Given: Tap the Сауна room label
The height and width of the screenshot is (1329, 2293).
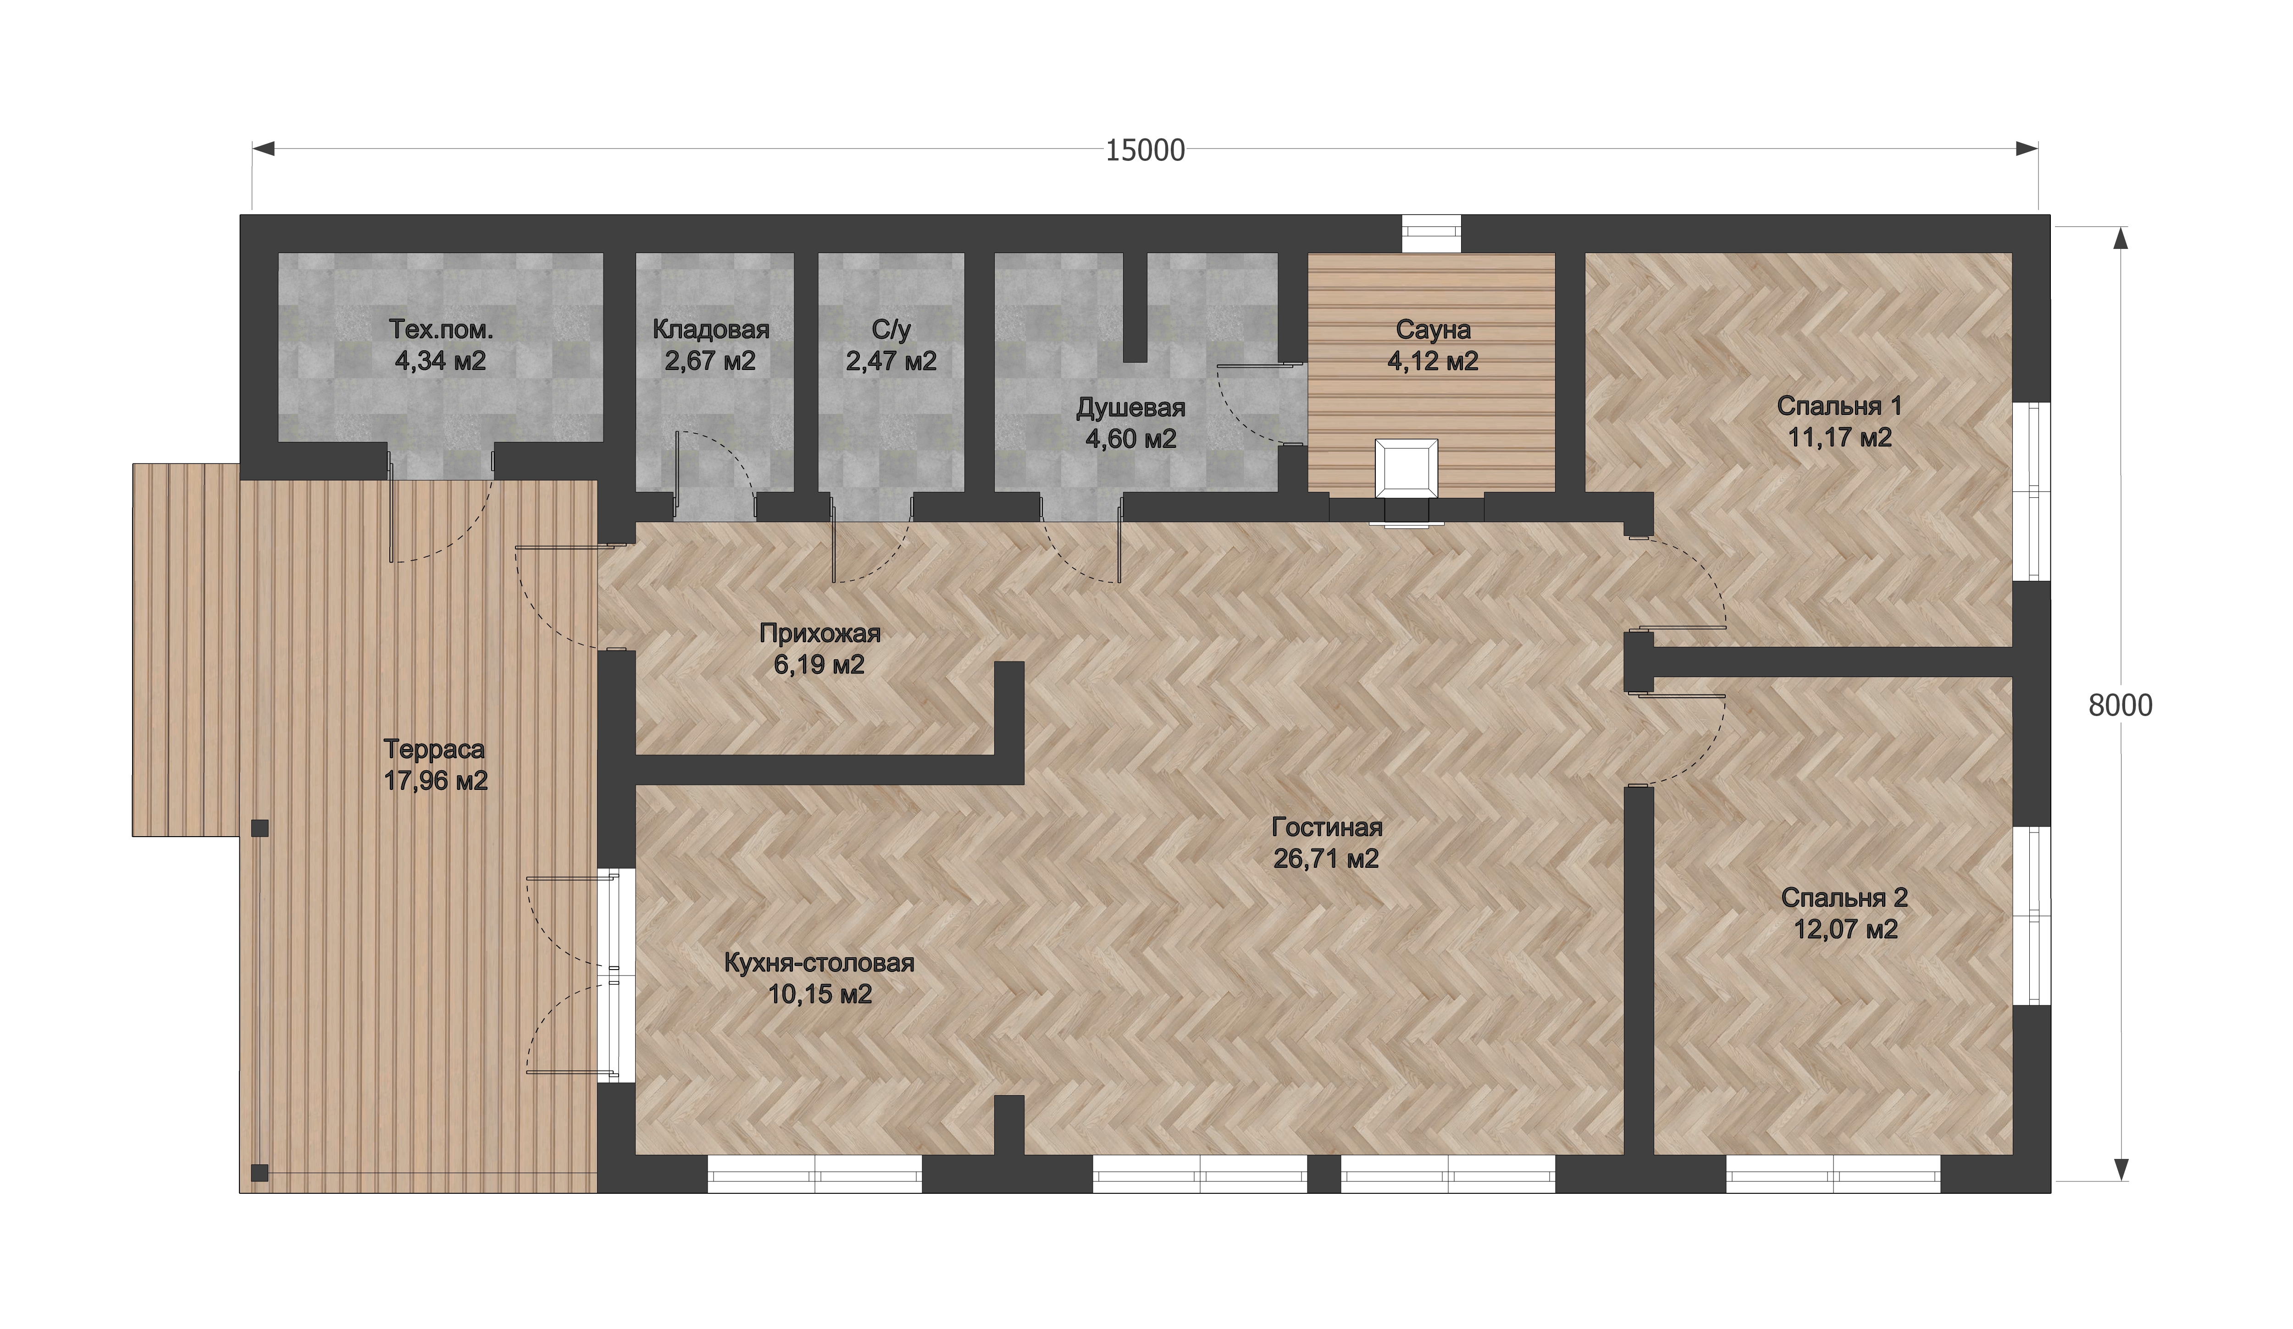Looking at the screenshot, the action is pos(1432,329).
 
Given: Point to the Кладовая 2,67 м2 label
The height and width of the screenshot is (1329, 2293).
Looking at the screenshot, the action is pos(711,345).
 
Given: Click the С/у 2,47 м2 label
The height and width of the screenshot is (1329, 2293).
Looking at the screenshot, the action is pos(891,345).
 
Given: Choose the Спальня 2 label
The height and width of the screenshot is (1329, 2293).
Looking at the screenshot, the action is pos(1844,898).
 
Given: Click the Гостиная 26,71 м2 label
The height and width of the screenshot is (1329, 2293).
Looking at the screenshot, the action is pos(1327,842).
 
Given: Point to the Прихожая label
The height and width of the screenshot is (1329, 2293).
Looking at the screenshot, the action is pos(820,633).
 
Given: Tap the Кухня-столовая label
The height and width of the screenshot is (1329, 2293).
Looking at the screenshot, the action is pos(819,962).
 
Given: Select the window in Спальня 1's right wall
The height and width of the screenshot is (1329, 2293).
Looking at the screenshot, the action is pos(2031,491).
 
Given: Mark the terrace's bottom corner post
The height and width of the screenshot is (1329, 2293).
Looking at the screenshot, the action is pos(259,1173).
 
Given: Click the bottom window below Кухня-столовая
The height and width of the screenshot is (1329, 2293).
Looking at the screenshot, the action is pos(814,1175).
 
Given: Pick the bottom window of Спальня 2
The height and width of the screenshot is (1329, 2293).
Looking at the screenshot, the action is pos(1833,1175).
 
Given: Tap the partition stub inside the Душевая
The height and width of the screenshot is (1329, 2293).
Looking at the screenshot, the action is pos(1135,308).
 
